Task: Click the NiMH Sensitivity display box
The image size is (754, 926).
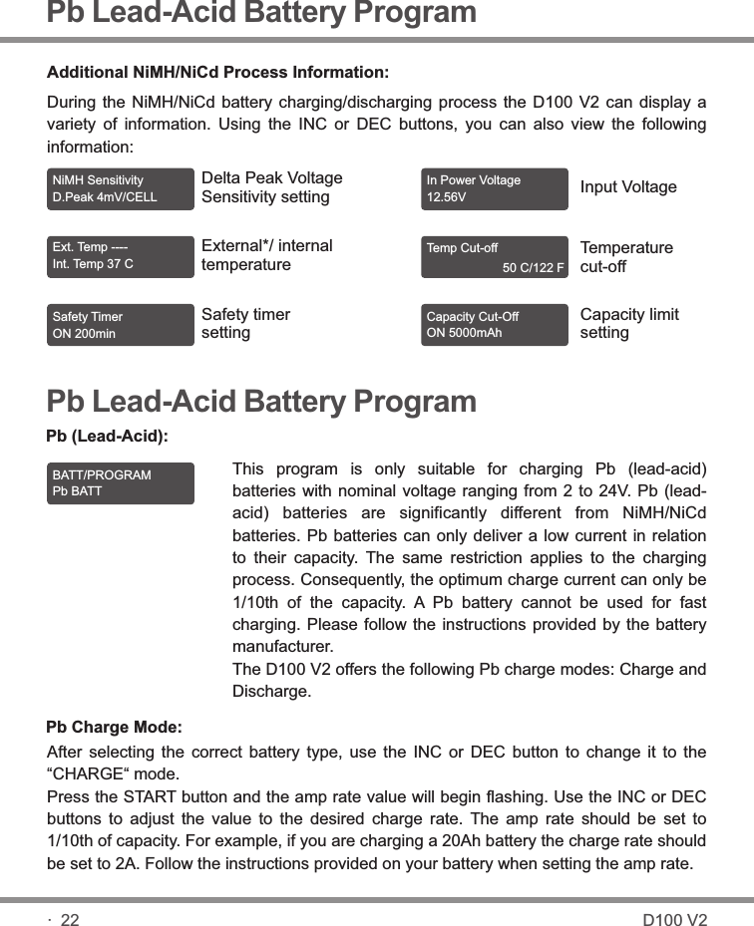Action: [121, 188]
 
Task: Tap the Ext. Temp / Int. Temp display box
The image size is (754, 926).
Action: [121, 256]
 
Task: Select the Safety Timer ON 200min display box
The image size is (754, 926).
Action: [121, 325]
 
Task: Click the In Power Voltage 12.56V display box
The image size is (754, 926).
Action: [495, 188]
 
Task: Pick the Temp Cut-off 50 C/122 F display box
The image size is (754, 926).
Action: [495, 257]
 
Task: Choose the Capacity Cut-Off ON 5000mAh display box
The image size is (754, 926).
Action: [495, 325]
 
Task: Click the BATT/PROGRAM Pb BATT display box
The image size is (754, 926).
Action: [121, 483]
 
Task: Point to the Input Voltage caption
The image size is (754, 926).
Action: [628, 187]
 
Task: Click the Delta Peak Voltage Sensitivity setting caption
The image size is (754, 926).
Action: [271, 187]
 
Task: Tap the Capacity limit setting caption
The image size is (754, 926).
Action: [628, 323]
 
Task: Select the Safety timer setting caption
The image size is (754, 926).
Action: [245, 323]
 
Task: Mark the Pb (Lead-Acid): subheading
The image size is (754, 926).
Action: [108, 436]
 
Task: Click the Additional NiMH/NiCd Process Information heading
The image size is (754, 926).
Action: [218, 73]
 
